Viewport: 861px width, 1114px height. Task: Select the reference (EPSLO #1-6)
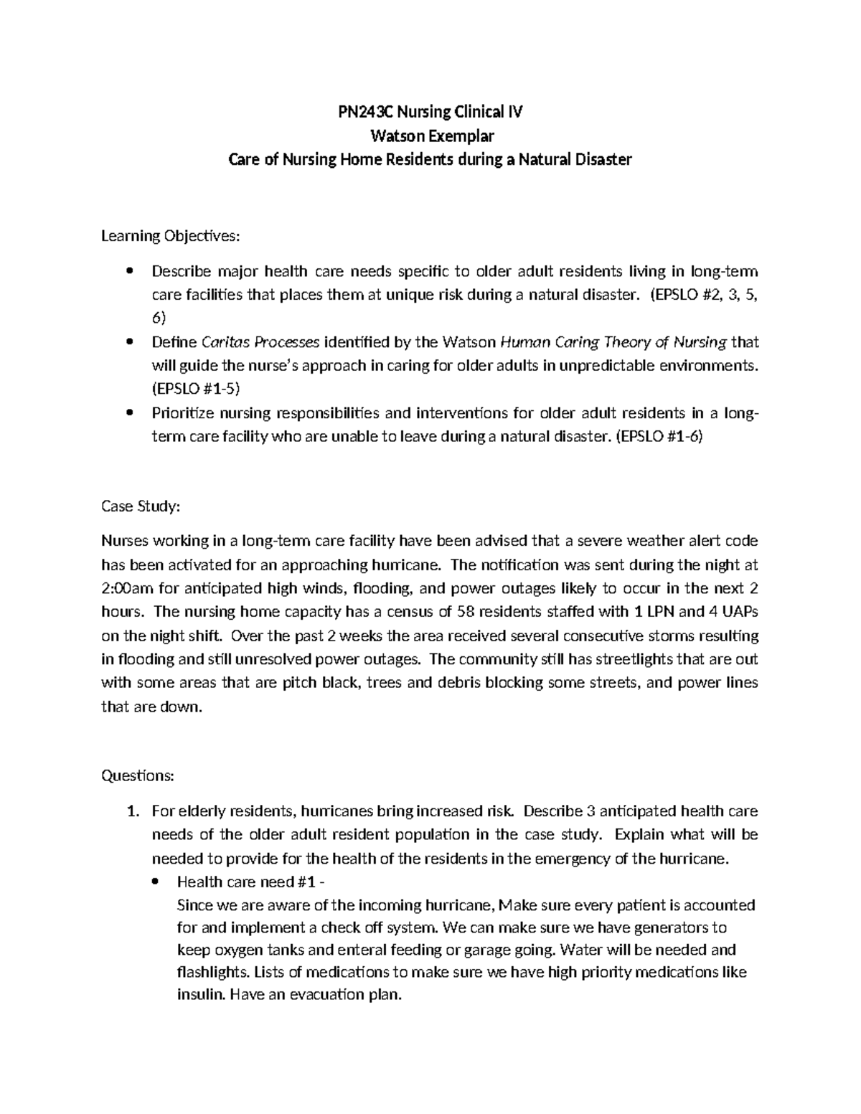pos(660,436)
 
